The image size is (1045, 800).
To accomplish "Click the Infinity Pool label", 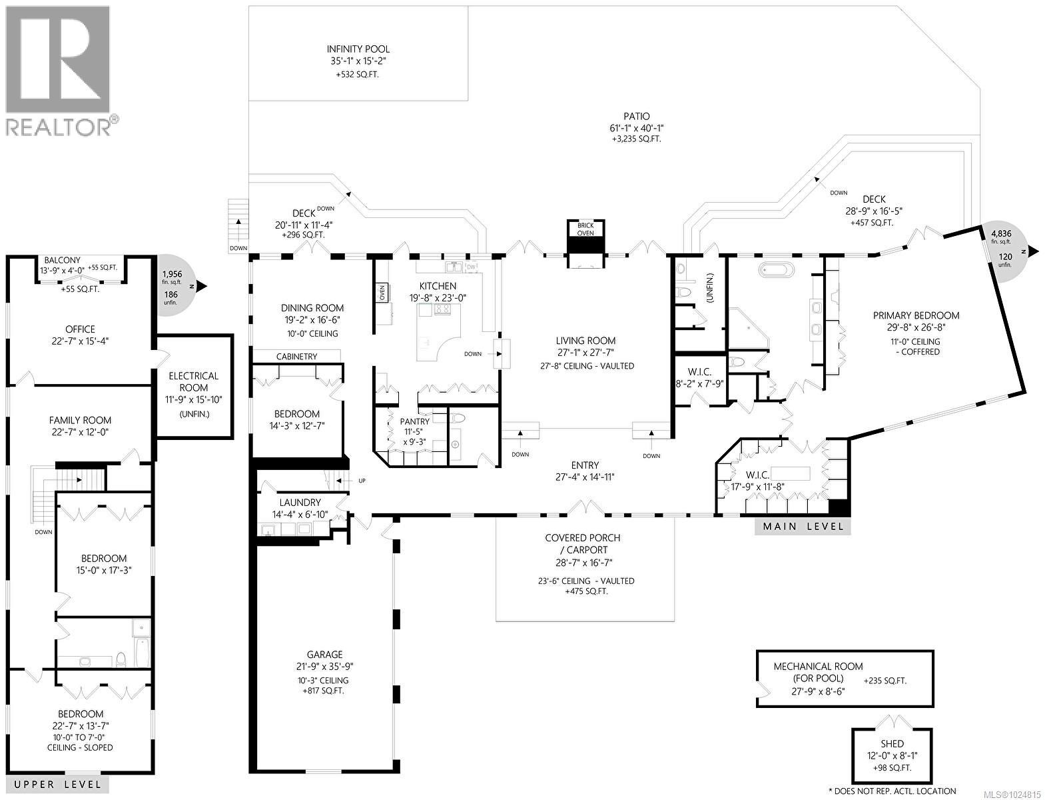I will (x=358, y=49).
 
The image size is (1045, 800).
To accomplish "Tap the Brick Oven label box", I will (x=585, y=229).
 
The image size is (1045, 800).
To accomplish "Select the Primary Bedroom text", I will (x=916, y=315).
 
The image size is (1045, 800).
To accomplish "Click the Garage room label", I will (x=324, y=655).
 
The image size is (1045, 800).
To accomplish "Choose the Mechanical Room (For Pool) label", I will (x=818, y=672).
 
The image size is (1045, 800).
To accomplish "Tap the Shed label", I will (x=892, y=743).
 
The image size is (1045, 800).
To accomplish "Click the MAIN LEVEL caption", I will (x=803, y=527).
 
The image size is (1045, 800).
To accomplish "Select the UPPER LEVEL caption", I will (x=58, y=785).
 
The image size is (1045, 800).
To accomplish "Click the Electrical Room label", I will (x=193, y=382).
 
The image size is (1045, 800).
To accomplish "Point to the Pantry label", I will (x=414, y=421).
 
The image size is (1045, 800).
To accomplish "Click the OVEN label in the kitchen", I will (x=383, y=293).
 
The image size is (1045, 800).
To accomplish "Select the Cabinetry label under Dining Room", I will (x=296, y=357).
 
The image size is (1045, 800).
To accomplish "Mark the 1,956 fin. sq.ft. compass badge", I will (x=175, y=287).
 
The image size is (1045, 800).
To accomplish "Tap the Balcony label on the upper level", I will (x=62, y=260).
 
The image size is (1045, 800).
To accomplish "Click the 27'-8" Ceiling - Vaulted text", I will (x=587, y=366).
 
